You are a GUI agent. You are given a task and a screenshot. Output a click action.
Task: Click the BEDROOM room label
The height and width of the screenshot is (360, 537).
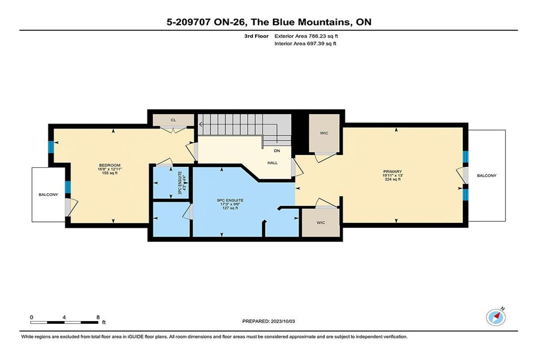pos(110,165)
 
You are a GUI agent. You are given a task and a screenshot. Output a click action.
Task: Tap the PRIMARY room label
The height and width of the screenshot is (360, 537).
pos(392,171)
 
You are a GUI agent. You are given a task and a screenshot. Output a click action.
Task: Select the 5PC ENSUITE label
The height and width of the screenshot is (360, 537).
pos(230,200)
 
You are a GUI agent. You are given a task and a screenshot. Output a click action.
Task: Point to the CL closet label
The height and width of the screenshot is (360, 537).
pos(173,120)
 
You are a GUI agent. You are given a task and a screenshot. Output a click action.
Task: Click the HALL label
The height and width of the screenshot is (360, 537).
pos(273,163)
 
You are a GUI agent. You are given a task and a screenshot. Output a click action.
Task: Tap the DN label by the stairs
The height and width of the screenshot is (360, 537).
pos(277,151)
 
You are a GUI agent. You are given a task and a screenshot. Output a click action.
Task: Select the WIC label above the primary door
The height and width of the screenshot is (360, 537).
pos(324,133)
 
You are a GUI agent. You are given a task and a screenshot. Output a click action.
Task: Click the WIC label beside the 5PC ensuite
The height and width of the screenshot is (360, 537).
pos(321,223)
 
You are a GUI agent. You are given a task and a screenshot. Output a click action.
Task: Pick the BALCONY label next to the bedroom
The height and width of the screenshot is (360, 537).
pos(48,195)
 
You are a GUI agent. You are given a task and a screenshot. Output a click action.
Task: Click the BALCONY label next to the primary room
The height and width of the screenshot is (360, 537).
pos(487,176)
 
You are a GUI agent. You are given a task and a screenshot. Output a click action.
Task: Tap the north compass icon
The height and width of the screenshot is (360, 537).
pos(496,318)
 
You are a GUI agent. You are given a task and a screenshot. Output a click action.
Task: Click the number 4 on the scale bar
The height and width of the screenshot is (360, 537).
pos(64,318)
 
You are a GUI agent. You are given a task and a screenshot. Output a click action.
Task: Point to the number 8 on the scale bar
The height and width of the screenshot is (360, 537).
pos(98,318)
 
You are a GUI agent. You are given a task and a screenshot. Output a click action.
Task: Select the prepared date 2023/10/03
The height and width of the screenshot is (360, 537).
pos(283,321)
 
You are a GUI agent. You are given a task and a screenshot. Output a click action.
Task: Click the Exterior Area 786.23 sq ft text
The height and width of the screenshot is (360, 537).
pos(306,36)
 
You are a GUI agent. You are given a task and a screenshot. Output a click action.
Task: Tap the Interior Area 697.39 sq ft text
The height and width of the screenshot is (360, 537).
pos(305,43)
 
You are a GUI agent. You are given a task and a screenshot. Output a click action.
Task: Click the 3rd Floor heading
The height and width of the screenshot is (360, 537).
pos(256,36)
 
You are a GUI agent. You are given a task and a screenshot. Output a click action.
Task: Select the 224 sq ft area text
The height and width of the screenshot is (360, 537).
pos(393,179)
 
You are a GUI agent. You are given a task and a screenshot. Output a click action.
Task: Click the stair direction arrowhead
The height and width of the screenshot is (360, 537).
pos(200,125)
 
